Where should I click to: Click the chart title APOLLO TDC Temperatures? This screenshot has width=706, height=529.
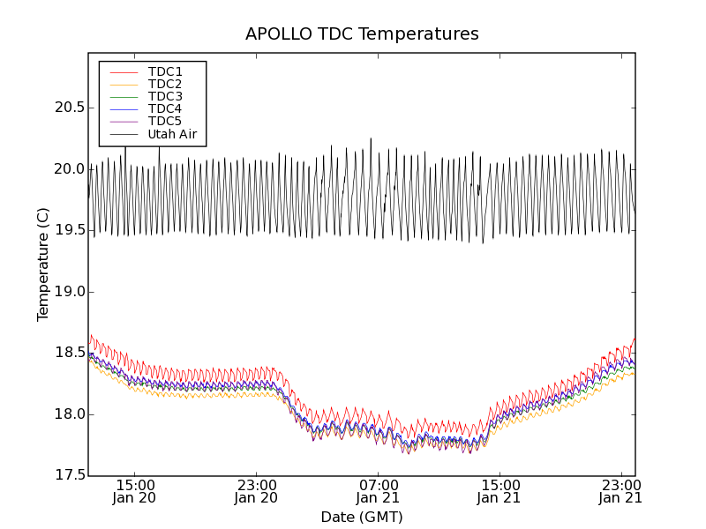tap(362, 34)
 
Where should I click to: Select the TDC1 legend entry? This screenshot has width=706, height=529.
tap(165, 72)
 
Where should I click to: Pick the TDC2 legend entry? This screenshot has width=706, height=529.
tap(165, 85)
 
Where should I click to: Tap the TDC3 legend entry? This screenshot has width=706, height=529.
tap(165, 97)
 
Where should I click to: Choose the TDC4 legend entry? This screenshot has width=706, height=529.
tap(165, 109)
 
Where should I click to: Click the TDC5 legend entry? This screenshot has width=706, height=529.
tap(165, 122)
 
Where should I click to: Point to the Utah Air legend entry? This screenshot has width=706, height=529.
tap(172, 135)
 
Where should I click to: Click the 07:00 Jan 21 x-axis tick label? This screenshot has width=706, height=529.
tap(379, 491)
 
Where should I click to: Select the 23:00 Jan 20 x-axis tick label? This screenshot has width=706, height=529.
tap(257, 491)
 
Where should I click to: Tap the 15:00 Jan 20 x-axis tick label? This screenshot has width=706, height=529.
tap(135, 491)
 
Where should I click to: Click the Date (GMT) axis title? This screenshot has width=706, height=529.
tap(362, 517)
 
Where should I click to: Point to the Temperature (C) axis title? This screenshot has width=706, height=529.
tap(43, 264)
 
